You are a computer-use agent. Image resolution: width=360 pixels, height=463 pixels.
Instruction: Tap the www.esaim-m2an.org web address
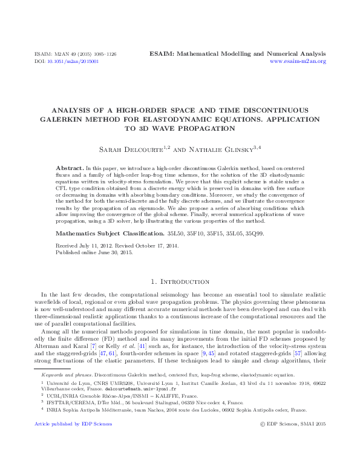pos(298,62)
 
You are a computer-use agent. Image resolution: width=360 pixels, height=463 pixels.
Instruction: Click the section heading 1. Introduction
pos(180,282)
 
